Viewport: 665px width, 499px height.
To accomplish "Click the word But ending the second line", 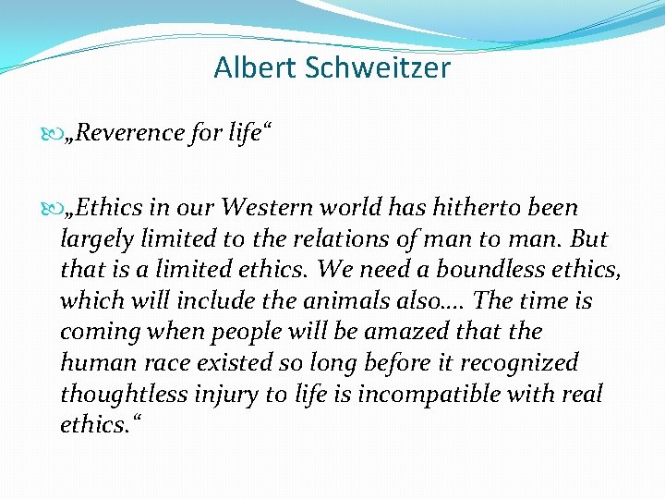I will point(589,238).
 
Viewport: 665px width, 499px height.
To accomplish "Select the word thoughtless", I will point(125,395).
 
